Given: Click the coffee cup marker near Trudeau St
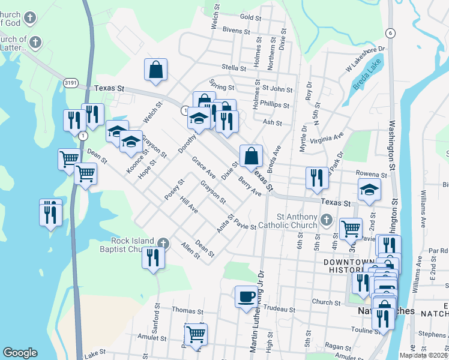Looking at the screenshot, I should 246,297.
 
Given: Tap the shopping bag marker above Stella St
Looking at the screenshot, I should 155,69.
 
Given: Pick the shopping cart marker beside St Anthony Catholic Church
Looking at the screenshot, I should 351,228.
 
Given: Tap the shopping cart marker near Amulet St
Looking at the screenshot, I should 196,334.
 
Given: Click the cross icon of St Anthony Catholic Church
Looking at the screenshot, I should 326,220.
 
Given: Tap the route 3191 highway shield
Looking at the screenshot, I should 71,83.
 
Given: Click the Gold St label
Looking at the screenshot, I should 249,17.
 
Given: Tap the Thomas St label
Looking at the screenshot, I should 188,311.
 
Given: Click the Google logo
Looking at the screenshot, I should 20,353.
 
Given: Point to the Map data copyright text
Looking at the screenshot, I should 424,355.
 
